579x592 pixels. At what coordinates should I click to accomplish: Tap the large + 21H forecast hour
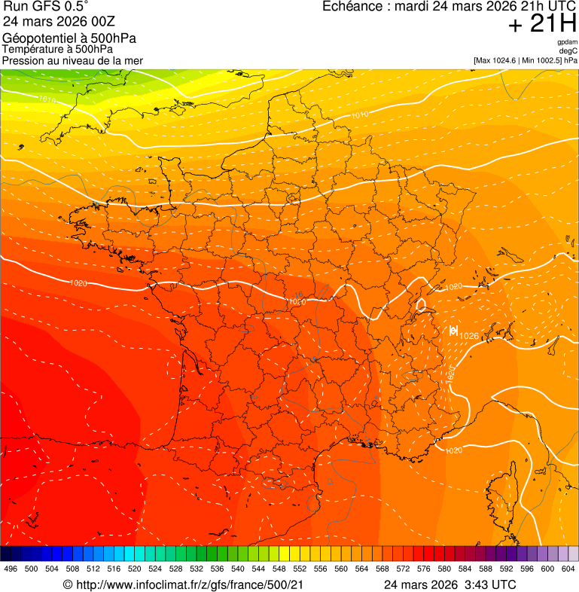(541, 24)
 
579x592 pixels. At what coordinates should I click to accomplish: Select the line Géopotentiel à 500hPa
(70, 38)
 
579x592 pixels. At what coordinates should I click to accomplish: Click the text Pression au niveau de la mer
(72, 60)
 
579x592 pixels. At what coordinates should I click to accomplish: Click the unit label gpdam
(567, 43)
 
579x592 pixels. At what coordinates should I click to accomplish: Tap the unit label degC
(568, 51)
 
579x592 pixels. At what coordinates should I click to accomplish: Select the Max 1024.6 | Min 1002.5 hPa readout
(526, 60)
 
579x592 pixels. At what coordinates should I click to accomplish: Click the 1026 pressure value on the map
(469, 336)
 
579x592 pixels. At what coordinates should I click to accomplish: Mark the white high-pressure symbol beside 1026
(453, 330)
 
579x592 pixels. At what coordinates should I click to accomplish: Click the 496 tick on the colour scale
(11, 569)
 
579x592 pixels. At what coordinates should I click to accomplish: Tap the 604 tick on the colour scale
(568, 569)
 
